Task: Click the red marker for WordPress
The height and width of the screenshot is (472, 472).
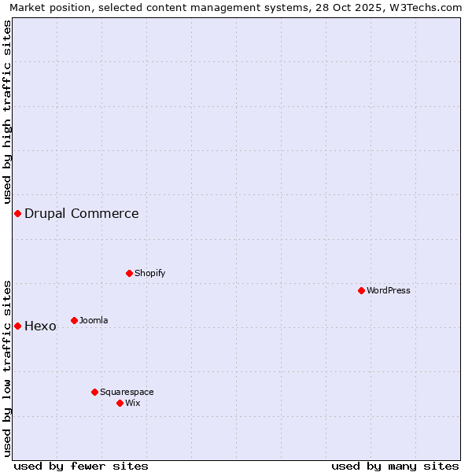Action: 361,290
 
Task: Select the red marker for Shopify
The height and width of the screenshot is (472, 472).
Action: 129,273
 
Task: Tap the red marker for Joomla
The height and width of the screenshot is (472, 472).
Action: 74,320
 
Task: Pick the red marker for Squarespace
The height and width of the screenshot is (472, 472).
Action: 94,392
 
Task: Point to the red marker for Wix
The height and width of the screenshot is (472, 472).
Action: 120,403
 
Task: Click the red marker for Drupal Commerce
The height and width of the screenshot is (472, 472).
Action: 17,213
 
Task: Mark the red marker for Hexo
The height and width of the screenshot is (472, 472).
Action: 17,326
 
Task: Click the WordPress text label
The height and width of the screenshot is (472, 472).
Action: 389,290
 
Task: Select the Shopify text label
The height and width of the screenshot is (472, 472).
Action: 150,273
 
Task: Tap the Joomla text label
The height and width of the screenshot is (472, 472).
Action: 94,320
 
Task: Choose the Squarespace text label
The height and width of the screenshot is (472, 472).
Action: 127,392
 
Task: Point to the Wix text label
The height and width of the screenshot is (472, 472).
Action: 133,403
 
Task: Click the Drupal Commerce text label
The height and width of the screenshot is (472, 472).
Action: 82,213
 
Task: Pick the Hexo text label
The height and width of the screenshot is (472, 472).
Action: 40,326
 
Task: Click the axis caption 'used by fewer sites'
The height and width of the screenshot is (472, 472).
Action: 81,466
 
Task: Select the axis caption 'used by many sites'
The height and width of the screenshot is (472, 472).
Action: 395,466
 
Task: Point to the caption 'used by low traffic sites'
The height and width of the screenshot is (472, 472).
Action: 7,368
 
